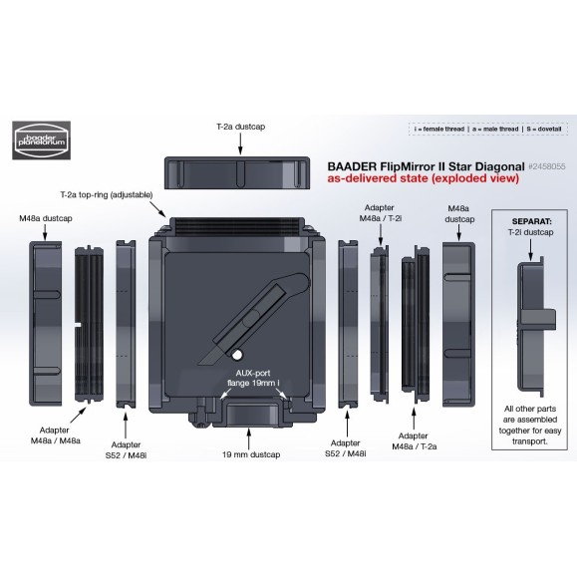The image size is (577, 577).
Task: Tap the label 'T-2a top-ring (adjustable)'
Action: coord(112,195)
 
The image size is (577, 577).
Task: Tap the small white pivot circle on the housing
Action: coord(239,355)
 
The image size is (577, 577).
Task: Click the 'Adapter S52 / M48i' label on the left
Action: coord(126,450)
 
